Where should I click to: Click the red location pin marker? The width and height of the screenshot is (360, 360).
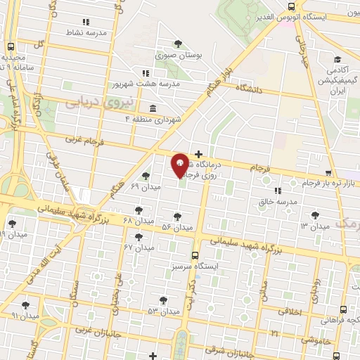pos(180,165)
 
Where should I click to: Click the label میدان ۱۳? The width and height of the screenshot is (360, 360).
pos(314,226)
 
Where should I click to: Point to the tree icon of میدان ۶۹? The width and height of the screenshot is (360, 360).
pos(146,175)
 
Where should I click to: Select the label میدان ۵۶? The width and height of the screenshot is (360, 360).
pos(177,227)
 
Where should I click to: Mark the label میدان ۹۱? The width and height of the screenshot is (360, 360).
pos(24,316)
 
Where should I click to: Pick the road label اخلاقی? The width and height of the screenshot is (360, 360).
pos(290,310)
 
